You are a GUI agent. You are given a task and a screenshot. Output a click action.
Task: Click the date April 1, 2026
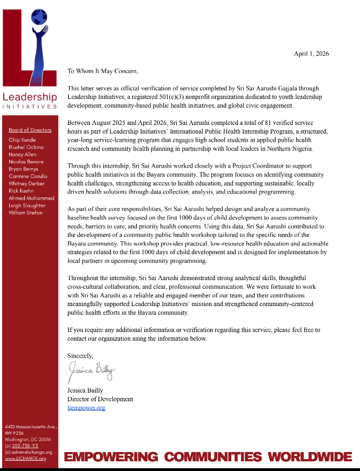tap(311, 54)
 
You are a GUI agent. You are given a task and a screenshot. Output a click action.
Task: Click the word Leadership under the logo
tap(30, 97)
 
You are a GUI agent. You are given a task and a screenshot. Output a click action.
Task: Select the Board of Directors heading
tap(30, 130)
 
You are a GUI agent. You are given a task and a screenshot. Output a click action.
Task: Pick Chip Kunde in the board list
tap(22, 140)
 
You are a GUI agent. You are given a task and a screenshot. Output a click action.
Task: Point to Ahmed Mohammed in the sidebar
tap(31, 198)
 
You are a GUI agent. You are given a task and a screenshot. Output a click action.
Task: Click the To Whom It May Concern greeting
tap(103, 71)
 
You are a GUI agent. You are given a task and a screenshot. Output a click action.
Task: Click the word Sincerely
tap(80, 355)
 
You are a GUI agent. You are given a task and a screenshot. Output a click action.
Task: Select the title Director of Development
tap(100, 399)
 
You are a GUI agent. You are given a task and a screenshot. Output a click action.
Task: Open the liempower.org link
tap(86, 407)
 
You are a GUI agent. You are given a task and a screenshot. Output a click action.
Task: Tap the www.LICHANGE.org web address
tap(25, 459)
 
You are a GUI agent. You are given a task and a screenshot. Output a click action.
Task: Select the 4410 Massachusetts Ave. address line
tap(31, 427)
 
